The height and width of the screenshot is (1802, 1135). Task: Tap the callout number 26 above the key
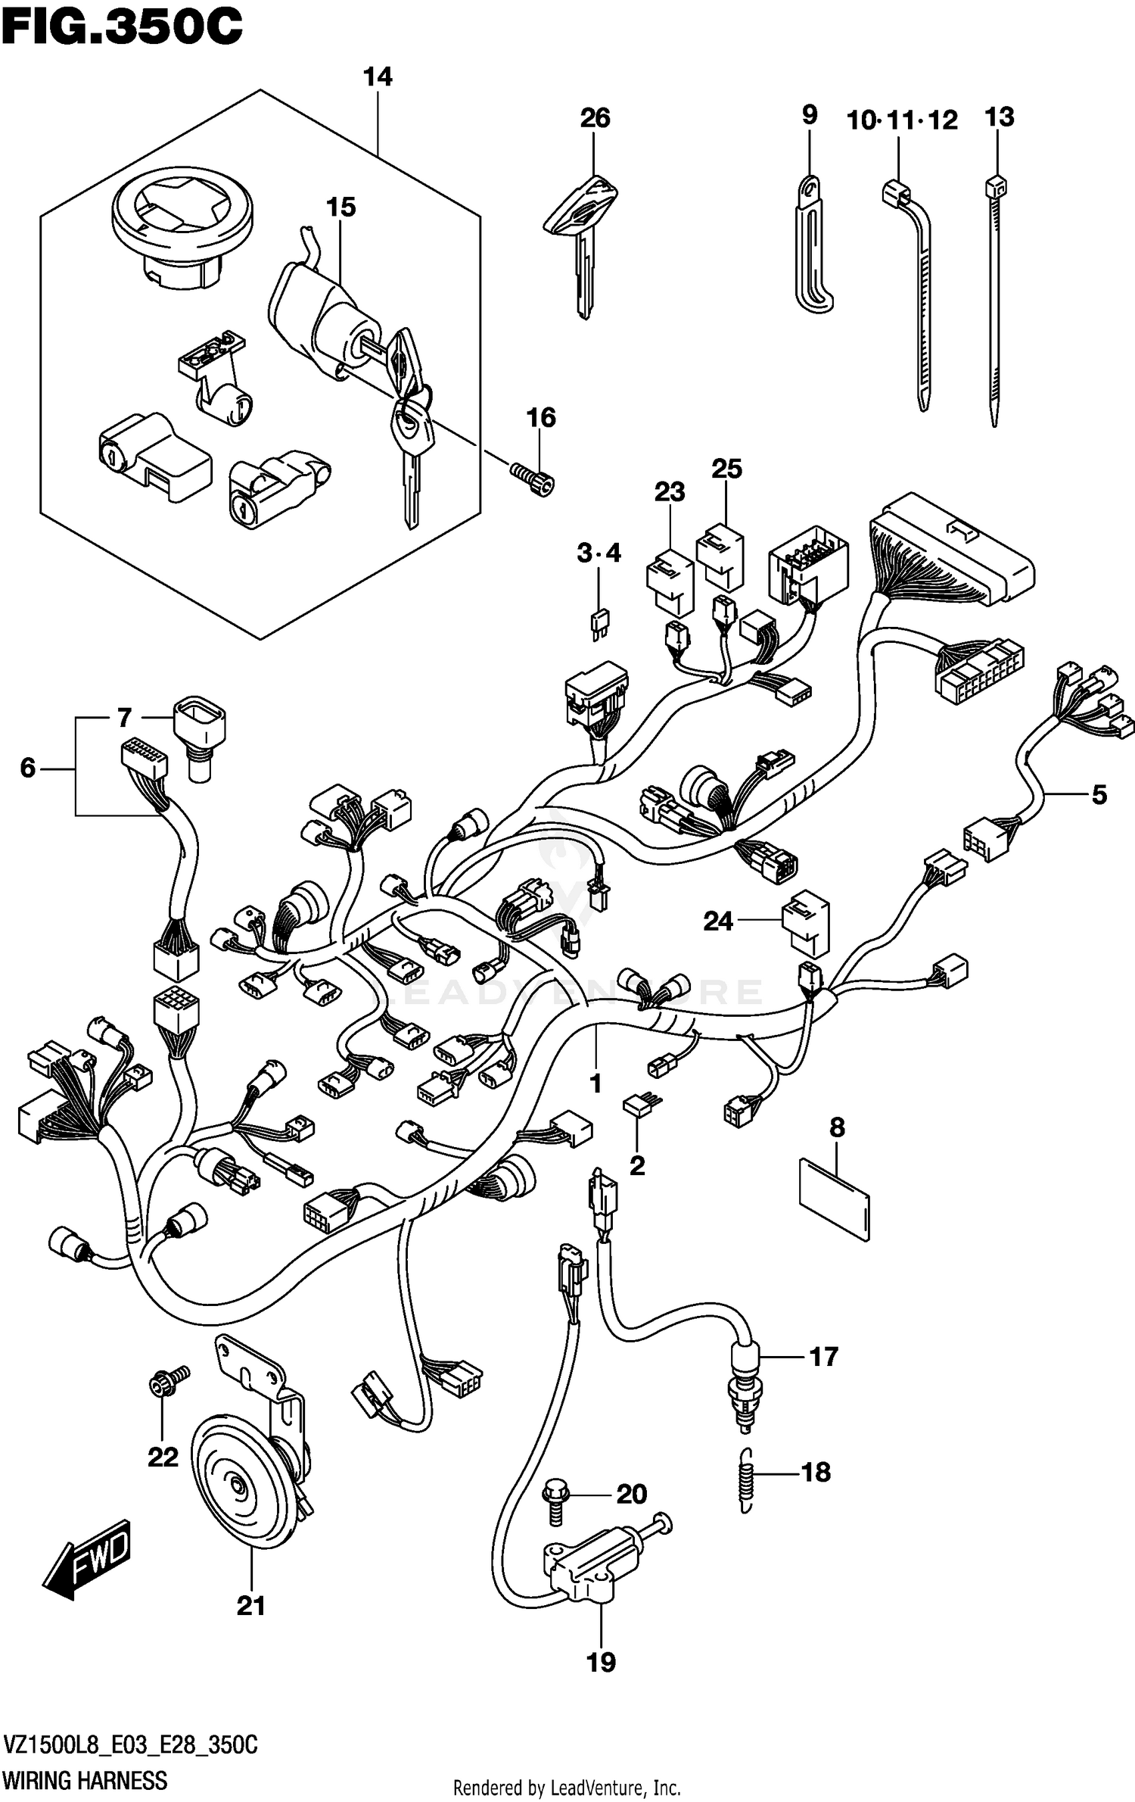(x=595, y=118)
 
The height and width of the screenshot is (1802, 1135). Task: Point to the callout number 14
(x=378, y=77)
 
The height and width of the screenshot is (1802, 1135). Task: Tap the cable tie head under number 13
(x=997, y=186)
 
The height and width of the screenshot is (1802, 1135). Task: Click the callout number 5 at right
(x=1099, y=795)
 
